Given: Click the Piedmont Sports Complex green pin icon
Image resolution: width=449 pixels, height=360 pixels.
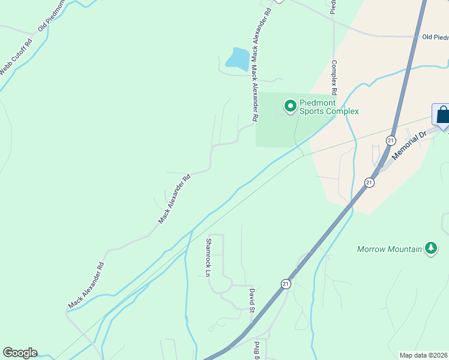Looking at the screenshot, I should coord(291,107).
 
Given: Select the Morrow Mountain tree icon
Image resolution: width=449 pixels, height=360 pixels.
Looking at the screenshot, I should coord(430,248).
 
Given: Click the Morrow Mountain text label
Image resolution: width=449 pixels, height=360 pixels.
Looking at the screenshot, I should coord(390,248).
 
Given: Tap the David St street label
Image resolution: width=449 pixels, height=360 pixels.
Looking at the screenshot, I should coord(253,300).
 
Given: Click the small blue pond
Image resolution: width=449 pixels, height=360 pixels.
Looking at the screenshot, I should coord(238,59).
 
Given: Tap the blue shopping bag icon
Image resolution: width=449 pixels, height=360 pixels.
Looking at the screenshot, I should coord(442,115).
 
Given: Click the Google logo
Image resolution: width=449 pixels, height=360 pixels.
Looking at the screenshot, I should coord(20,353).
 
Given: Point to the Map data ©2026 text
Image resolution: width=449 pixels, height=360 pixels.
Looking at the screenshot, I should coord(423,355).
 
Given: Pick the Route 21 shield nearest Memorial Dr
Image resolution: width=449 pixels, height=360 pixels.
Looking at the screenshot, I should coord(391,140).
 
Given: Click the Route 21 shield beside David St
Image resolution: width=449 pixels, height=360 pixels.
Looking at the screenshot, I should coord(286,284).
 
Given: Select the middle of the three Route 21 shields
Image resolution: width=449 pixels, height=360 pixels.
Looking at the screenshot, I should coord(369,182).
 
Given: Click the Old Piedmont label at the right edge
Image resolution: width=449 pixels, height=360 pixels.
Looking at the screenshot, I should coord(435,37).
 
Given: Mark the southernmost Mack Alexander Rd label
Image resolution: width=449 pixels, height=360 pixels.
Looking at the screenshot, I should coord(86,286).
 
